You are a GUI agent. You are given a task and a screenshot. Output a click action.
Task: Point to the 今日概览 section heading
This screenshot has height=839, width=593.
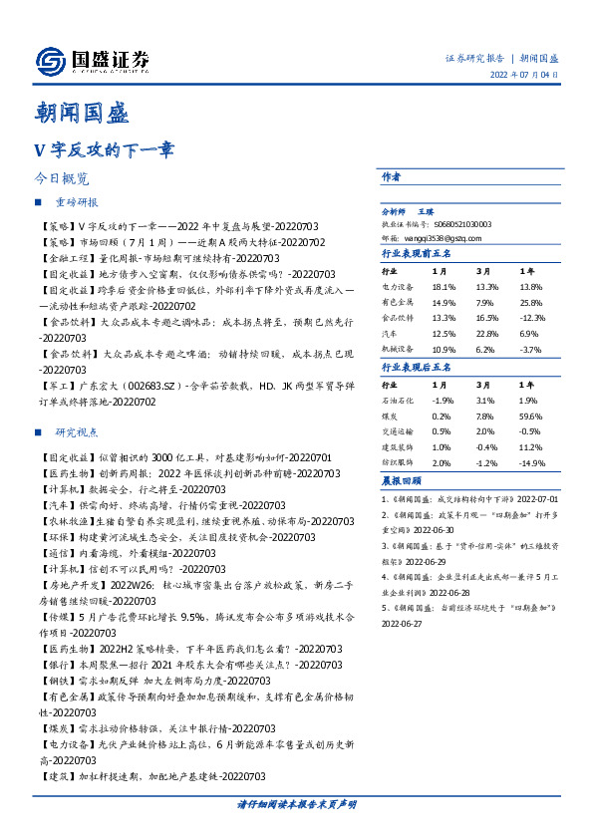tap(61, 179)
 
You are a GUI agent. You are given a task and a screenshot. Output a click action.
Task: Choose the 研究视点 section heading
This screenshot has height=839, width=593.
tap(77, 433)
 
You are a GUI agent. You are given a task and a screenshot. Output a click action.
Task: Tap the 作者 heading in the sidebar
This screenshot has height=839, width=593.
tap(391, 175)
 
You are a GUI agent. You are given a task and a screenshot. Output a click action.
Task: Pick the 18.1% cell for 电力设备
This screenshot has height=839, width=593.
tap(444, 286)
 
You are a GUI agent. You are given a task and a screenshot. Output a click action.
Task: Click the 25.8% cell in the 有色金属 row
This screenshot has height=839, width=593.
tap(530, 301)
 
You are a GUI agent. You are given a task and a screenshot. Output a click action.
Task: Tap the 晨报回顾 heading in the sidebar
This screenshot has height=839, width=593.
tap(400, 479)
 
